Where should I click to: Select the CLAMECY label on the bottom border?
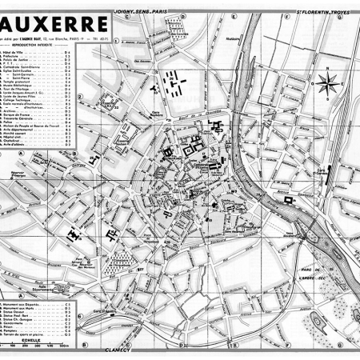click(118, 350)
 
